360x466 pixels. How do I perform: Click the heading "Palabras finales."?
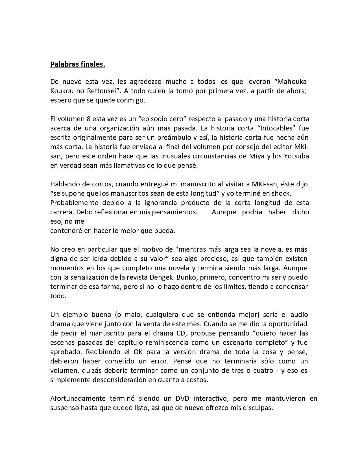[x=77, y=64]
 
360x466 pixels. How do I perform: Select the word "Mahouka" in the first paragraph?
[x=292, y=82]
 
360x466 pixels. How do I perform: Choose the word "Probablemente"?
[x=74, y=203]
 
